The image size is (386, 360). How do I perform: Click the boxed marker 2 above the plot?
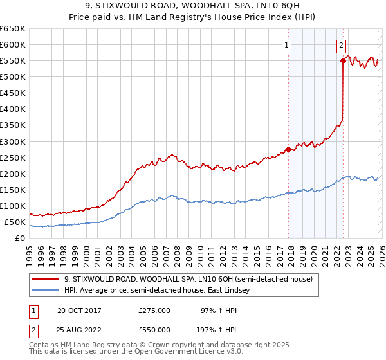pyautogui.click(x=340, y=45)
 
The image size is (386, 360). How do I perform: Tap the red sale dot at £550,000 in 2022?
pyautogui.click(x=343, y=61)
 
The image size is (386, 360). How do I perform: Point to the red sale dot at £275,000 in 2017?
pyautogui.click(x=288, y=149)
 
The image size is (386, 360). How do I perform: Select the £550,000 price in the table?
pyautogui.click(x=154, y=330)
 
